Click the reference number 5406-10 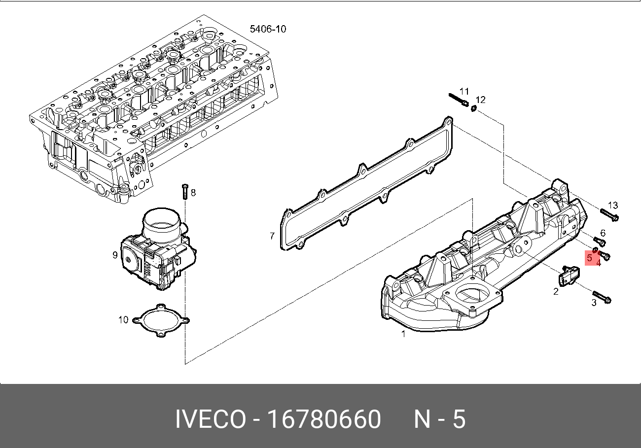pos(268,29)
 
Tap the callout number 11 pos(464,91)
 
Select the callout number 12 pos(481,100)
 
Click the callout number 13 pos(612,205)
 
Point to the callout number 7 pos(272,237)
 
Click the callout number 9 pos(115,255)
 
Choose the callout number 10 pos(123,320)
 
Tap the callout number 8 pos(193,193)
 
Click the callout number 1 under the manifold pos(403,334)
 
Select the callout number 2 pos(556,291)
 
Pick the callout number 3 pos(594,303)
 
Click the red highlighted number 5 pos(589,257)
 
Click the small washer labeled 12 pos(473,108)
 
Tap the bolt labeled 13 pos(609,215)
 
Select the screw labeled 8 pos(184,191)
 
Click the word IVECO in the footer pos(211,420)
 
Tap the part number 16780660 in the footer pos(324,420)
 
